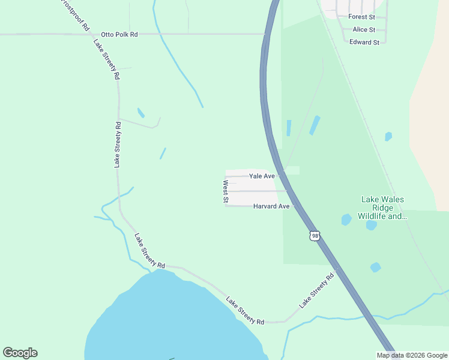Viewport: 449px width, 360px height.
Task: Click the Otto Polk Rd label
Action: pyautogui.click(x=119, y=35)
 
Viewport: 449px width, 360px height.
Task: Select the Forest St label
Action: pyautogui.click(x=361, y=17)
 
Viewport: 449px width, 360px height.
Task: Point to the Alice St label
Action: pyautogui.click(x=364, y=29)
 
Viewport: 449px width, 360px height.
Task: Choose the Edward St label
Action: pyautogui.click(x=364, y=43)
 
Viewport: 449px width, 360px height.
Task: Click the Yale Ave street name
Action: pyautogui.click(x=262, y=176)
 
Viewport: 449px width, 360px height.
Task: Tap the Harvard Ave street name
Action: pyautogui.click(x=271, y=206)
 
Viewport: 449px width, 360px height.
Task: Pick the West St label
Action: pyautogui.click(x=226, y=192)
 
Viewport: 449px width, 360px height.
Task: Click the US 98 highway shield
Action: pyautogui.click(x=315, y=236)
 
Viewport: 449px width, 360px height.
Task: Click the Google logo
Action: pyautogui.click(x=20, y=353)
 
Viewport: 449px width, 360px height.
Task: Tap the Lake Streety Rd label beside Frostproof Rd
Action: pyautogui.click(x=107, y=60)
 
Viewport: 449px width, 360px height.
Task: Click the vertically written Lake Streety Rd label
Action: pyautogui.click(x=118, y=144)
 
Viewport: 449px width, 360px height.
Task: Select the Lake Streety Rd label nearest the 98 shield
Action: pyautogui.click(x=316, y=291)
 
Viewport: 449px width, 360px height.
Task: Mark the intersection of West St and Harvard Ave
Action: pyautogui.click(x=226, y=206)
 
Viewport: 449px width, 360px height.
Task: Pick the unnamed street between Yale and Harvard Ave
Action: pyautogui.click(x=252, y=191)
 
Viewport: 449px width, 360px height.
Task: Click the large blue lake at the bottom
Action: pyautogui.click(x=174, y=324)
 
